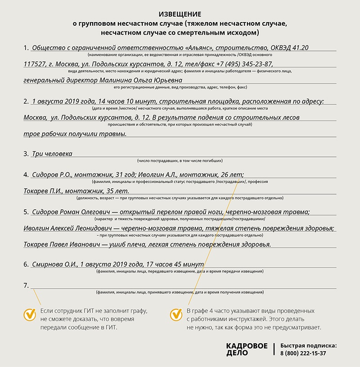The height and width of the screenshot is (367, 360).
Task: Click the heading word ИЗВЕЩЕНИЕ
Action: tap(180, 14)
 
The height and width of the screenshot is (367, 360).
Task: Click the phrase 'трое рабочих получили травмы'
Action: tap(75, 134)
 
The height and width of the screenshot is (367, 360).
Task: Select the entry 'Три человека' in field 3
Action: tap(52, 154)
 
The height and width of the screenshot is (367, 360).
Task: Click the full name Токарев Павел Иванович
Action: tap(58, 245)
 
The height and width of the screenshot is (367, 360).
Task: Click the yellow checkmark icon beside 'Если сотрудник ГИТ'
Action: tap(30, 314)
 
